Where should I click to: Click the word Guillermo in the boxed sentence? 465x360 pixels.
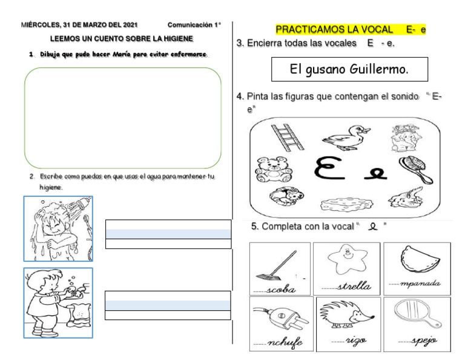point(378,70)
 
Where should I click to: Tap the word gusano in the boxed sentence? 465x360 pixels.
point(326,70)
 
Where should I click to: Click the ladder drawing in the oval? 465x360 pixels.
point(283,137)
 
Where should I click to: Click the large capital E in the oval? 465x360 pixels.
point(332,169)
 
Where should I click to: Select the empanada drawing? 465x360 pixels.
point(417,259)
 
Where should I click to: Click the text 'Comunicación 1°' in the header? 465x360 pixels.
point(194,25)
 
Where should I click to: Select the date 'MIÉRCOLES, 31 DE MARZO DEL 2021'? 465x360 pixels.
point(79,25)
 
